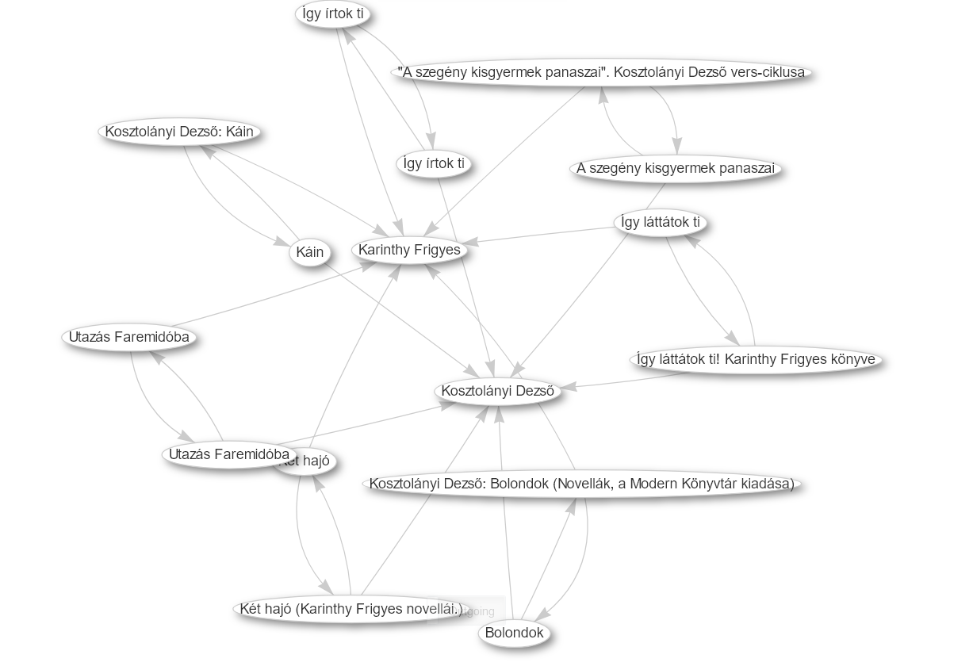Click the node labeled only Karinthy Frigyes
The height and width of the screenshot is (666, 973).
[409, 251]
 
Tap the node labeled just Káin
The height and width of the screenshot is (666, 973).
[309, 252]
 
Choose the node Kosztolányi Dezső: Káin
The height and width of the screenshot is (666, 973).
[179, 132]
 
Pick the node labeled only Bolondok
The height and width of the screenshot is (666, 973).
[514, 633]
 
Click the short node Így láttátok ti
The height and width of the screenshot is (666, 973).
[661, 222]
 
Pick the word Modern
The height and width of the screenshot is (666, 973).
[656, 484]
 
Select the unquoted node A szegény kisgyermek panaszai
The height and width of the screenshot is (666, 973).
[676, 169]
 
